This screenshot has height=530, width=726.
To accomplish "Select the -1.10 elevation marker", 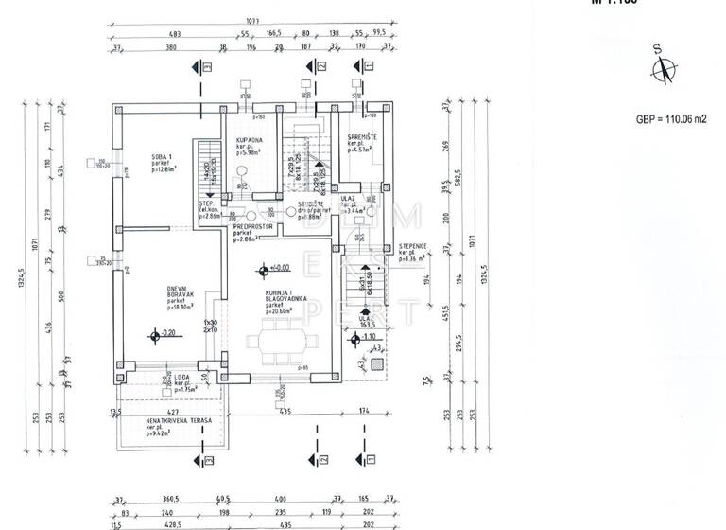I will click(355, 336).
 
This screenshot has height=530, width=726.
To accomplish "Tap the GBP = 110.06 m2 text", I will click(671, 119).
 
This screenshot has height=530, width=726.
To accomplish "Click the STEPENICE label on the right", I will click(414, 248).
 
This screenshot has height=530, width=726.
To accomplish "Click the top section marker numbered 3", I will click(358, 65).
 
